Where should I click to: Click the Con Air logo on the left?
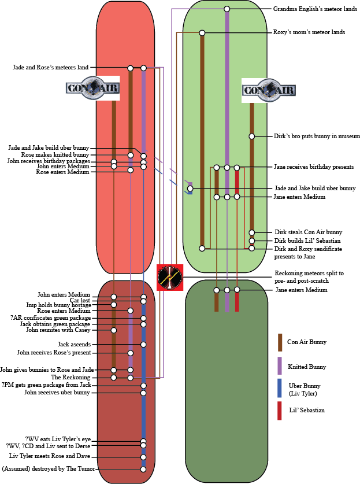pos(92,88)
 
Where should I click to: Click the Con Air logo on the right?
pos(269,90)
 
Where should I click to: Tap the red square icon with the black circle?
pos(170,278)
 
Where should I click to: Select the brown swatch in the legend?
pos(280,342)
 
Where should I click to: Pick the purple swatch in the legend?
pos(280,365)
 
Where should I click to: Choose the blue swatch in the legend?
pos(280,388)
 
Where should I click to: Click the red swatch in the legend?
pos(280,411)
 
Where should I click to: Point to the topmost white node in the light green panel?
pos(227,9)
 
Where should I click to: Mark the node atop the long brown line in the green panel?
pos(202,33)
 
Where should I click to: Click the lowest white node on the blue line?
pos(143,469)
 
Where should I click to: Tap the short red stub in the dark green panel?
pos(237,302)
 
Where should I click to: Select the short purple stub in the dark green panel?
pos(227,302)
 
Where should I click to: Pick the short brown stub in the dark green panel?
pos(217,302)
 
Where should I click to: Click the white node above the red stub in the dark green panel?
pos(237,290)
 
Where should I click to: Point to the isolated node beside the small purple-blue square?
pos(190,189)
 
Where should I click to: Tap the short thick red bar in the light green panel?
pos(237,182)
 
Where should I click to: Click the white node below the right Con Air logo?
pos(251,136)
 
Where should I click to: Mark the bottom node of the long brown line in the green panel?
pos(202,249)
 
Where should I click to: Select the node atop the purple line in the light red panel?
pos(143,68)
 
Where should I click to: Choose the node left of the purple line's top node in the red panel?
pos(130,68)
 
